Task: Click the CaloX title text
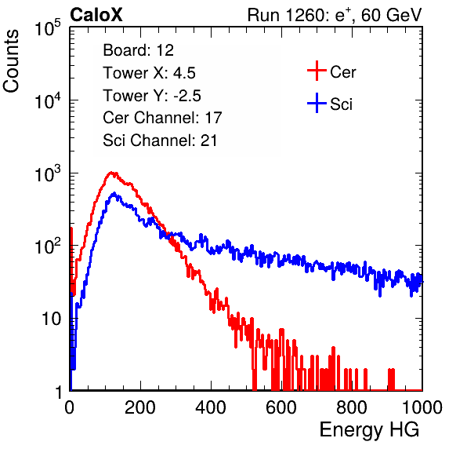pos(96,15)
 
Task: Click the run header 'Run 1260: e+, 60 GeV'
pos(335,15)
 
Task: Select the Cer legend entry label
pos(342,72)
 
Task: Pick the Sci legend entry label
pos(341,104)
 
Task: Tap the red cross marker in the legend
pos(317,71)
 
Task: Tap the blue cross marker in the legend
pos(317,103)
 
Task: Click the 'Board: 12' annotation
pos(138,50)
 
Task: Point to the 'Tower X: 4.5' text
pos(149,73)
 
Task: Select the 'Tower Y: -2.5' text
pos(152,96)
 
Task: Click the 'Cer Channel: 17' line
pos(162,118)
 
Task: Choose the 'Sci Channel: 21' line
pos(160,141)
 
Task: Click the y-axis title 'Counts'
pos(11,61)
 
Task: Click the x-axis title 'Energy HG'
pos(369,430)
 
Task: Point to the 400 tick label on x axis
pos(211,407)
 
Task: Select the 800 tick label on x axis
pos(352,407)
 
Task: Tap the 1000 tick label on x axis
pos(422,407)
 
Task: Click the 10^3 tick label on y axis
pos(49,173)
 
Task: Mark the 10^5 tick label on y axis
pos(49,28)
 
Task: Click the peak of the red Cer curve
pos(111,173)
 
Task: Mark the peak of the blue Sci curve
pos(114,193)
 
